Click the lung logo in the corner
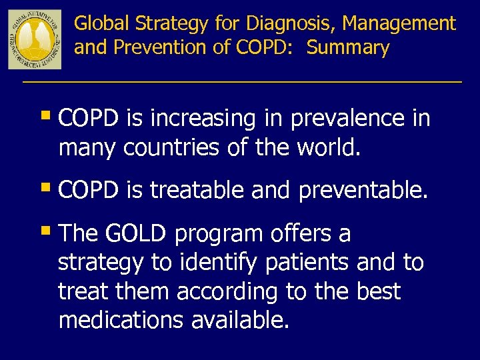pyautogui.click(x=35, y=39)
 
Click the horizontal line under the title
pyautogui.click(x=241, y=81)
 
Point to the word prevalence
pyautogui.click(x=347, y=119)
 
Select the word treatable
pyautogui.click(x=197, y=191)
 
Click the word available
pyautogui.click(x=241, y=321)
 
